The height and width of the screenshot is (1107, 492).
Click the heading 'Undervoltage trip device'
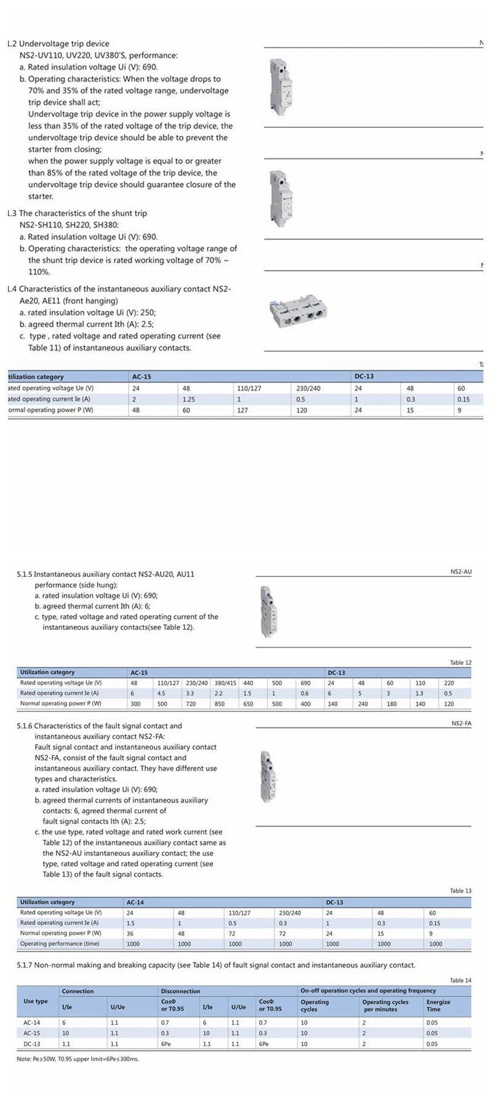64,44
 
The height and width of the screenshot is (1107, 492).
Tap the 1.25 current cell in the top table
189,399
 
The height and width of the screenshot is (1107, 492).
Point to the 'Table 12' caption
461,662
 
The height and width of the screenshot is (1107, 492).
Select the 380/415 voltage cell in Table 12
225,683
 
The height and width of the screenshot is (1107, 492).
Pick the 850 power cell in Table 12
219,704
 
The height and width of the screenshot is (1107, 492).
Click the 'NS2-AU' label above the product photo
461,572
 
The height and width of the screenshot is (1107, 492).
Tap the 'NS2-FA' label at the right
461,723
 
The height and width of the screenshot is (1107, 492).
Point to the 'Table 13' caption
461,891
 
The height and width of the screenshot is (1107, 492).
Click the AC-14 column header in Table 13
135,902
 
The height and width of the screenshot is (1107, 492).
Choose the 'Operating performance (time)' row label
60,943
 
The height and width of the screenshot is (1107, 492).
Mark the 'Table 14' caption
461,980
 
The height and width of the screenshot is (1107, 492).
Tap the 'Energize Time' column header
438,1006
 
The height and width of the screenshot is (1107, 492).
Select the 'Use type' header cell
36,1001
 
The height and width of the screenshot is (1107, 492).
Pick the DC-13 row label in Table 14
32,1044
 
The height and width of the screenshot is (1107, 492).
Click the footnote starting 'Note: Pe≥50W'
77,1059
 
